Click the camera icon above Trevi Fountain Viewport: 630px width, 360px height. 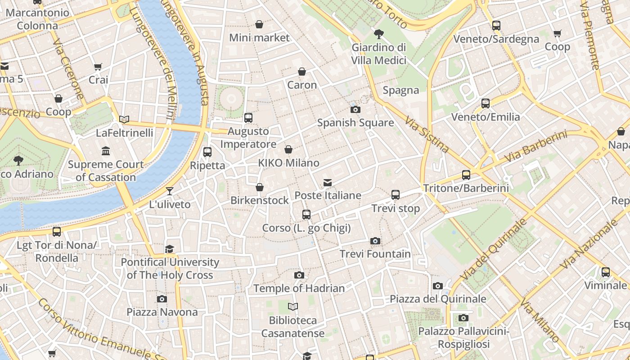click(x=375, y=241)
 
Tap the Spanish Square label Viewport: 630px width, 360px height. click(x=355, y=123)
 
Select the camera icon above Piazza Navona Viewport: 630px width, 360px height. click(x=162, y=299)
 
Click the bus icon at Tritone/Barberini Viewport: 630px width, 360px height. click(x=466, y=175)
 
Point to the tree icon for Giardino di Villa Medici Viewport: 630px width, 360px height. click(x=379, y=34)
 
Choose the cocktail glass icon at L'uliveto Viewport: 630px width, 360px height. click(x=170, y=191)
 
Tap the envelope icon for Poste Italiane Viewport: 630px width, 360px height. click(x=328, y=183)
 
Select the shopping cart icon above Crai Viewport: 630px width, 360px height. click(x=98, y=67)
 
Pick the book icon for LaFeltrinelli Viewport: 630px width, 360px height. click(x=124, y=119)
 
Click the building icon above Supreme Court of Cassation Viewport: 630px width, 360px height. click(x=106, y=151)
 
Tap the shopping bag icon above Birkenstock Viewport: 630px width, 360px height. click(x=260, y=187)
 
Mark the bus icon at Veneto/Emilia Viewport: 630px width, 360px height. click(x=485, y=103)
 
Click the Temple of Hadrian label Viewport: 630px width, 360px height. click(x=299, y=288)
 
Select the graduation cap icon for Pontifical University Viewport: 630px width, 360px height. click(x=170, y=249)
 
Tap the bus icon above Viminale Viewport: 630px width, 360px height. click(x=606, y=272)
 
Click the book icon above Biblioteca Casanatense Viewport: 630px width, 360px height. click(x=293, y=307)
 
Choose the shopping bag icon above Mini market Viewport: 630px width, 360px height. click(x=259, y=24)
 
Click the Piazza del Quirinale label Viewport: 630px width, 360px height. click(x=438, y=299)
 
